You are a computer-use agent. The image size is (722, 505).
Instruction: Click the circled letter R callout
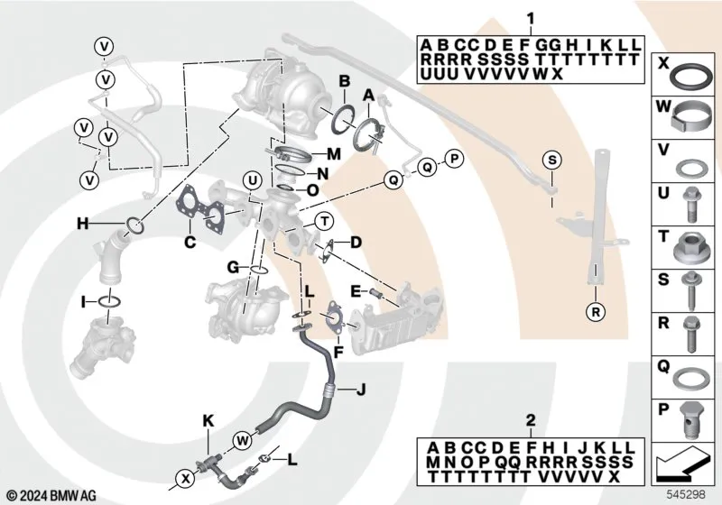[x=595, y=312]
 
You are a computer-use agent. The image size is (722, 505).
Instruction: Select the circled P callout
[x=454, y=160]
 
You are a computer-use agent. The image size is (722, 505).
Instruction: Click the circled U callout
[x=254, y=178]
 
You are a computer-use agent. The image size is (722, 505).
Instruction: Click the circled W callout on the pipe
[x=243, y=440]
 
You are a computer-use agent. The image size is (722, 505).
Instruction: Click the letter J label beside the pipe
[x=359, y=390]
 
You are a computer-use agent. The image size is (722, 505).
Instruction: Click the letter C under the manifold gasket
[x=190, y=242]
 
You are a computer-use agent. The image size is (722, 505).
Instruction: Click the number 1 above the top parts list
[x=531, y=18]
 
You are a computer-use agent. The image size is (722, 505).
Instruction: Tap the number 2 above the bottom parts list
[x=531, y=419]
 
